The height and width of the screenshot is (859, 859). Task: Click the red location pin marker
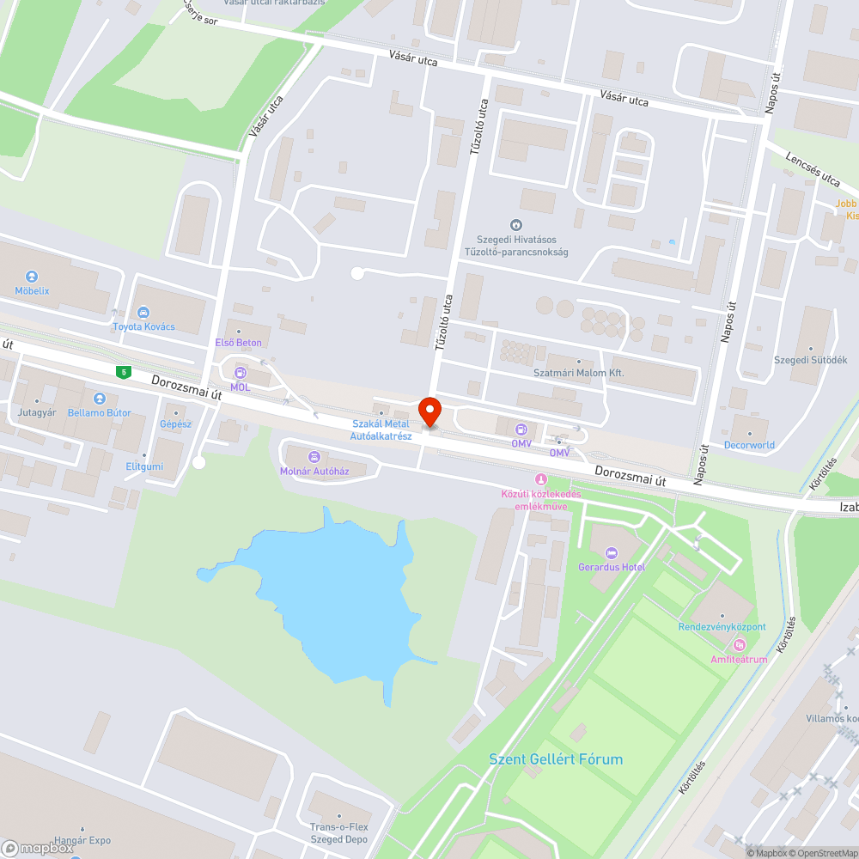tap(429, 411)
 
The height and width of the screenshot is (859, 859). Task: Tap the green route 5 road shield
tap(125, 371)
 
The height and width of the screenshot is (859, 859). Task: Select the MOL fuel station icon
tap(240, 373)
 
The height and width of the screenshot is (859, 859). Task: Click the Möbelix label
tap(32, 290)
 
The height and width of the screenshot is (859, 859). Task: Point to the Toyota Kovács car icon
tap(143, 312)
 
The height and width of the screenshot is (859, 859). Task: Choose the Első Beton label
tap(238, 343)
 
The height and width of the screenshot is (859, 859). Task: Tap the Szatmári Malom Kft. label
tap(578, 373)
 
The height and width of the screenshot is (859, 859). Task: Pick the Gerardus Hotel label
tap(612, 567)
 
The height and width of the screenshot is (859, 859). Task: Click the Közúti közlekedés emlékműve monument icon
tap(540, 478)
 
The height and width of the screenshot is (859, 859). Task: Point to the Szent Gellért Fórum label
tap(556, 759)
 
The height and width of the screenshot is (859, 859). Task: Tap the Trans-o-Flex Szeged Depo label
tap(338, 833)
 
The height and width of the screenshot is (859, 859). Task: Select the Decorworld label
tap(749, 445)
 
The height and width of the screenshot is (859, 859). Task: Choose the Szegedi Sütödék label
tap(810, 360)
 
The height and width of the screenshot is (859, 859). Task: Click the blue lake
tap(326, 593)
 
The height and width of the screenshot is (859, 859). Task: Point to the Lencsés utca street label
tap(813, 168)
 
